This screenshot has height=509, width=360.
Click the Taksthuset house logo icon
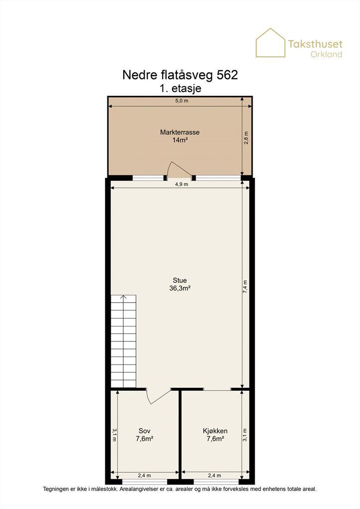tap(270, 43)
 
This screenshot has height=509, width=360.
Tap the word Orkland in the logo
tap(326, 54)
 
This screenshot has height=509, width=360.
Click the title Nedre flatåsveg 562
tap(180, 75)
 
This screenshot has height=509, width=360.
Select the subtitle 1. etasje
tap(180, 88)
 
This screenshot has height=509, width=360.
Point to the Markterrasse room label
tap(180, 132)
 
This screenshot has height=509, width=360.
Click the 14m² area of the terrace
tap(180, 140)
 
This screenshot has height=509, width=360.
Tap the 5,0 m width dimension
tap(182, 100)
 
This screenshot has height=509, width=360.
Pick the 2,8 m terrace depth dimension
tap(246, 138)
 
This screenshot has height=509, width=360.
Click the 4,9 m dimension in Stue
tap(181, 184)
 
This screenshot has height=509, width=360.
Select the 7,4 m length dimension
tap(246, 287)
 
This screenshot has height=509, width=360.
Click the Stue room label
tap(180, 280)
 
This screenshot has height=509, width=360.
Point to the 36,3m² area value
tap(180, 288)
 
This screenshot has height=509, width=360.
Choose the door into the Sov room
tap(158, 396)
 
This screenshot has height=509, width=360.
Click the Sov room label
tap(145, 431)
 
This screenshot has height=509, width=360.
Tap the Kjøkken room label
tap(215, 431)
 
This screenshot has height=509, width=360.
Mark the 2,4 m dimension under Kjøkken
tap(214, 476)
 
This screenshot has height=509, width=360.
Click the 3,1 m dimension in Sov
tap(114, 435)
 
